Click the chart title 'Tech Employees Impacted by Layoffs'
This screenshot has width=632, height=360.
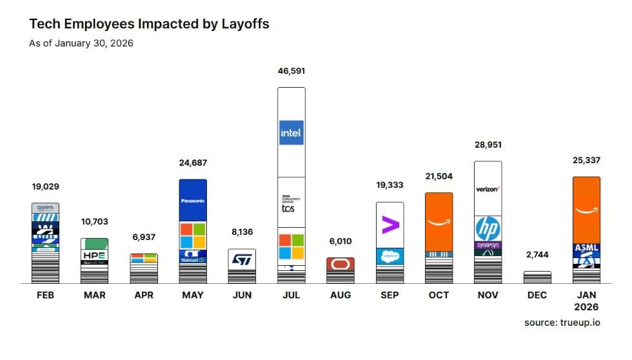149,24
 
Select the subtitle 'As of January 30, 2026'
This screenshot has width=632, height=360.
81,44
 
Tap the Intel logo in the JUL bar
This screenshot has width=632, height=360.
291,133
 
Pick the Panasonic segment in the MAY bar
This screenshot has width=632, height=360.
193,201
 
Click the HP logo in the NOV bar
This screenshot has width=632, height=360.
488,228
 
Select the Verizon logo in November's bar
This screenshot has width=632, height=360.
488,188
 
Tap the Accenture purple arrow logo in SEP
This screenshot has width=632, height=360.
390,225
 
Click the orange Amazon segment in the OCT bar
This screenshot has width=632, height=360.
439,222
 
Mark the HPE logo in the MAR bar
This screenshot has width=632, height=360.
94,255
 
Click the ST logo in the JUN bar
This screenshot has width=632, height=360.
242,259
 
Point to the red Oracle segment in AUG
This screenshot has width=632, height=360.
340,264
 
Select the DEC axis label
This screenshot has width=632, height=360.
537,295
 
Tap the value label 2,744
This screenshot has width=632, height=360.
537,255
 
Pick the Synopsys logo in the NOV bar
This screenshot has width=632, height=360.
488,246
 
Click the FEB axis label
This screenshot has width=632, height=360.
45,295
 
